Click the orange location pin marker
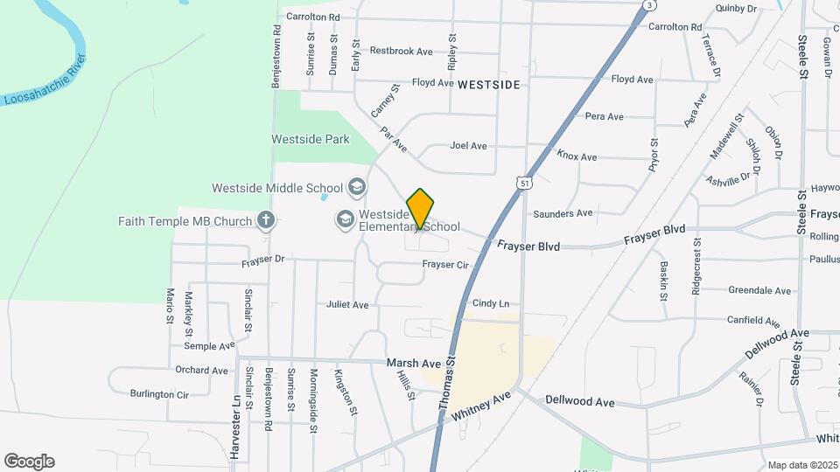pyautogui.click(x=421, y=208)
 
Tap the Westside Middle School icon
pyautogui.click(x=357, y=187)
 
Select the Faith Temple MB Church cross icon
pyautogui.click(x=267, y=221)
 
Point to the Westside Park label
pyautogui.click(x=310, y=139)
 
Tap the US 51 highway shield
pyautogui.click(x=523, y=183)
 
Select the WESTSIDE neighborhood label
pyautogui.click(x=488, y=84)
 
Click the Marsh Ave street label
pyautogui.click(x=413, y=363)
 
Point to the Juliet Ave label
pyautogui.click(x=347, y=305)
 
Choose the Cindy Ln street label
pyautogui.click(x=491, y=303)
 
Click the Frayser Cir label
pyautogui.click(x=445, y=264)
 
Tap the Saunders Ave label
pyautogui.click(x=563, y=212)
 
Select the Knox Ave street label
pyautogui.click(x=577, y=156)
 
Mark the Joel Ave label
pyautogui.click(x=468, y=146)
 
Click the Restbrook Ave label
pyautogui.click(x=401, y=52)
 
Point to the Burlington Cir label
pyautogui.click(x=159, y=394)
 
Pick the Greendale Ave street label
pyautogui.click(x=759, y=291)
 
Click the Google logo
pyautogui.click(x=29, y=462)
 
